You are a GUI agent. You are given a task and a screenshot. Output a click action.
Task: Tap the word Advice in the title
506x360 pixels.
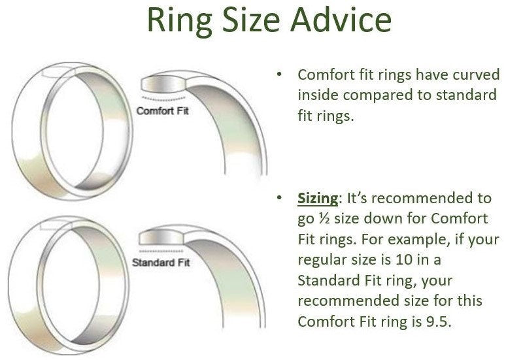pos(341,20)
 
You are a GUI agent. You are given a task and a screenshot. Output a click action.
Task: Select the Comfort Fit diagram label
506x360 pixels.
pos(162,111)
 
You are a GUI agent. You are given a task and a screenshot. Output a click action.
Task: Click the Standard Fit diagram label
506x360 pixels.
pos(161,263)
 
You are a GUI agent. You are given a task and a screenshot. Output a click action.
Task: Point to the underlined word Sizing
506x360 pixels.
pos(318,199)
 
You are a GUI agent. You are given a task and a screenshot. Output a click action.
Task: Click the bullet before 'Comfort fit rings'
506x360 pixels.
pos(279,74)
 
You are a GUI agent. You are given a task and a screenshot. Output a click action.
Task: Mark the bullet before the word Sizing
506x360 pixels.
pos(279,198)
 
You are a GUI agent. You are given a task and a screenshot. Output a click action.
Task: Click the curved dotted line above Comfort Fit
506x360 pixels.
pos(163,99)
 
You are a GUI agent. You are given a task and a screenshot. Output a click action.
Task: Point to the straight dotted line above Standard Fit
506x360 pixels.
pos(161,251)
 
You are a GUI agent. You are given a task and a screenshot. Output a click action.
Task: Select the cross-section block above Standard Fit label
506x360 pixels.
pos(161,238)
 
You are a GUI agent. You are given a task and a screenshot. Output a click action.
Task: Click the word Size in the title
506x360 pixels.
pos(251,20)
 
